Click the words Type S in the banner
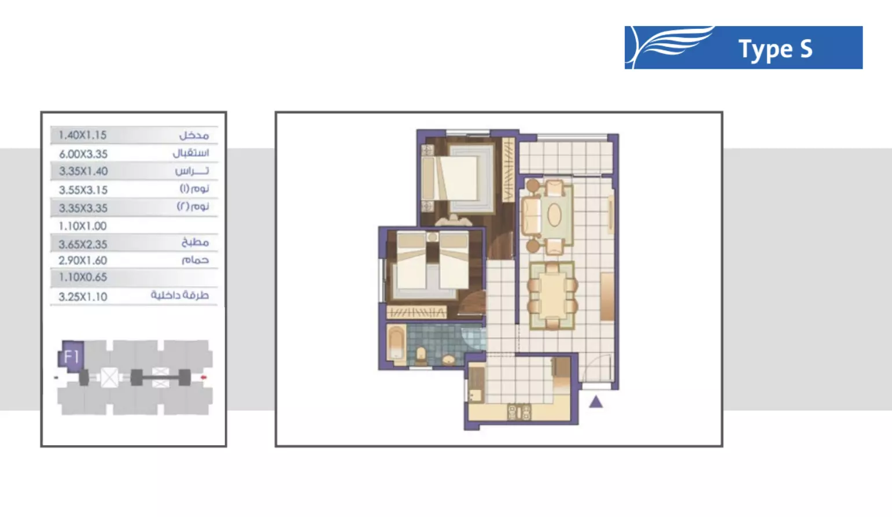click(x=775, y=50)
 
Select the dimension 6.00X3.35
click(x=83, y=154)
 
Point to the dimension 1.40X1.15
click(x=83, y=135)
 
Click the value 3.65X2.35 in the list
click(x=83, y=244)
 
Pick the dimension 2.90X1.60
click(x=83, y=260)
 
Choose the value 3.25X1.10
click(x=83, y=297)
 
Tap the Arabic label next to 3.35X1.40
click(x=192, y=171)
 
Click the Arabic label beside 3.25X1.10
click(x=180, y=295)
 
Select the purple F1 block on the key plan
click(x=72, y=356)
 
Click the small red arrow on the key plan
click(x=204, y=378)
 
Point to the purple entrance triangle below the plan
click(x=596, y=401)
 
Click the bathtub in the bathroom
click(x=397, y=344)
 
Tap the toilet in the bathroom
click(x=421, y=354)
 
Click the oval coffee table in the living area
click(x=554, y=215)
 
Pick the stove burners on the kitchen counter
click(x=519, y=412)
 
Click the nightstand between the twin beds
click(x=432, y=237)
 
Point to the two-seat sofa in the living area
click(x=530, y=215)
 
